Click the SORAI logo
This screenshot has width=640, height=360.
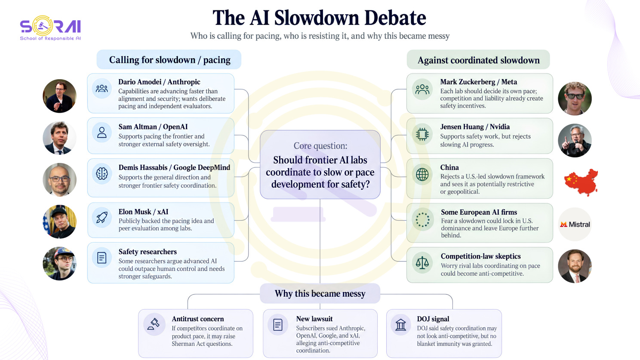pyautogui.click(x=51, y=28)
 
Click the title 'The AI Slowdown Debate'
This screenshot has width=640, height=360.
pyautogui.click(x=319, y=18)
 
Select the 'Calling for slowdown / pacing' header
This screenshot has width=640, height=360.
pyautogui.click(x=169, y=60)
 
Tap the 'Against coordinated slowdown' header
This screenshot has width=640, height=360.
pyautogui.click(x=479, y=60)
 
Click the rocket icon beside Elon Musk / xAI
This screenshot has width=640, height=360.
pyautogui.click(x=102, y=218)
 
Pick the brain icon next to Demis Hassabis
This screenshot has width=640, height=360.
pyautogui.click(x=102, y=173)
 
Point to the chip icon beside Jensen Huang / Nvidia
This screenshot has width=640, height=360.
pyautogui.click(x=422, y=134)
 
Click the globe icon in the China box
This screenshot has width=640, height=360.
pyautogui.click(x=422, y=175)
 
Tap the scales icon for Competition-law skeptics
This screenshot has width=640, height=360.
pyautogui.click(x=422, y=263)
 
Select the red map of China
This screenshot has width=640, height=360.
pyautogui.click(x=581, y=182)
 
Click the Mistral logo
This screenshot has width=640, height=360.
pyautogui.click(x=575, y=224)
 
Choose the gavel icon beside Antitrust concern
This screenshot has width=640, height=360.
pyautogui.click(x=154, y=324)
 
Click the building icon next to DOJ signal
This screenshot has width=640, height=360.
pyautogui.click(x=400, y=325)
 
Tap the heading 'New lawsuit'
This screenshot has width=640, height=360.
pyautogui.click(x=314, y=319)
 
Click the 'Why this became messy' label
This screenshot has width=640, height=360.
pyautogui.click(x=320, y=293)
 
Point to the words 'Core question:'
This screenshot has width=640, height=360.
pyautogui.click(x=320, y=146)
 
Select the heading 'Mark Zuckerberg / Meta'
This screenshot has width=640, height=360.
pyautogui.click(x=479, y=82)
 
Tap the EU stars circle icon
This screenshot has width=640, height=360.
pyautogui.click(x=422, y=220)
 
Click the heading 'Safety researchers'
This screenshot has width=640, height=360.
pyautogui.click(x=148, y=252)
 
